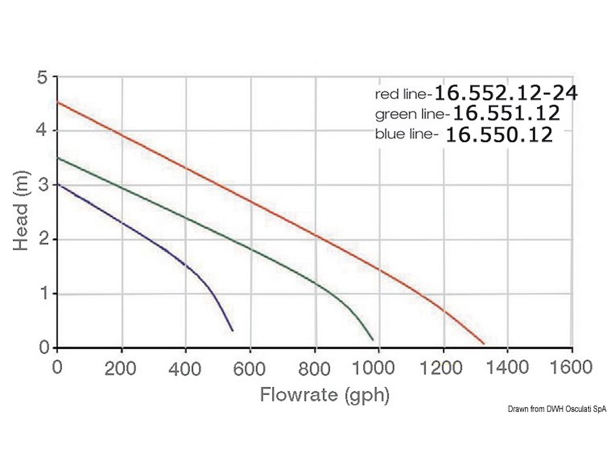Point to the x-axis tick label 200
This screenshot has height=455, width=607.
point(121,368)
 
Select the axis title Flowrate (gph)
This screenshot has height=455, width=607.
point(325,395)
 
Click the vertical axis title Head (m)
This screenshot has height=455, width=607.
point(21,211)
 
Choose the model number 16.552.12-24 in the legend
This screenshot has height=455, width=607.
point(506,93)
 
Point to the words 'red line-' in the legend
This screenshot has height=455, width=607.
point(404,94)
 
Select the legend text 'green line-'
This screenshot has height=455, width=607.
point(412,115)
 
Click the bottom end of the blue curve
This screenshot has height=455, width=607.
point(232,331)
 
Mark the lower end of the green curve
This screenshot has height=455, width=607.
point(373,340)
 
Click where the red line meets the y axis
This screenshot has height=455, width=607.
point(57,103)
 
